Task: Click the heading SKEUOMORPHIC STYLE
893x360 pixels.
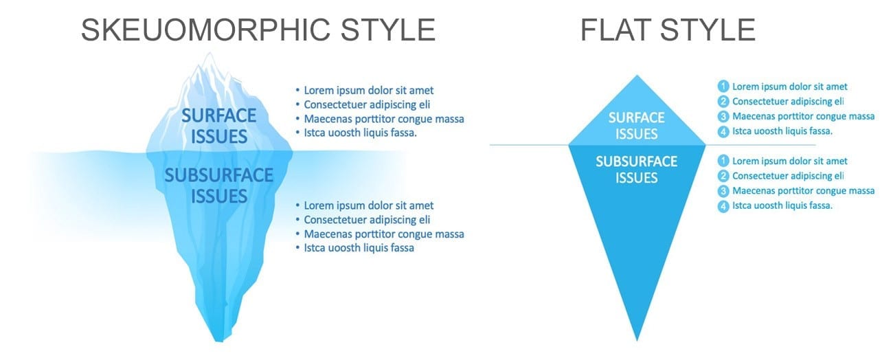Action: click(x=258, y=30)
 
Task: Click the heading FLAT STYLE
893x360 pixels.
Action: click(x=668, y=30)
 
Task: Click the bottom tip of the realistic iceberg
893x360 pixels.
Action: click(x=219, y=340)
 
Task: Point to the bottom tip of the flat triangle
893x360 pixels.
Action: click(x=637, y=341)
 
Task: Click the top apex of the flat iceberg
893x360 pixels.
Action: click(x=637, y=76)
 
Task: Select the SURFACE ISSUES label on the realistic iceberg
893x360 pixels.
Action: click(x=219, y=126)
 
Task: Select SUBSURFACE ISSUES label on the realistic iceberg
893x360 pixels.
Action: click(x=219, y=185)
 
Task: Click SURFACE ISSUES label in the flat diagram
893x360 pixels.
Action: click(x=636, y=126)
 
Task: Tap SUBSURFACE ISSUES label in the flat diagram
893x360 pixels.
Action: click(x=636, y=170)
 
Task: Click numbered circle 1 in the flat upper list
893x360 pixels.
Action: click(x=723, y=86)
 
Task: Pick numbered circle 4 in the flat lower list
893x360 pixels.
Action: click(x=723, y=206)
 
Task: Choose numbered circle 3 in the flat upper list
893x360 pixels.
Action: click(x=723, y=116)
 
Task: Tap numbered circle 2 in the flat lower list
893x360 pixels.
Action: click(x=723, y=176)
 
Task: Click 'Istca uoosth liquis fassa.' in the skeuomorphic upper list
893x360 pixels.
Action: click(x=361, y=133)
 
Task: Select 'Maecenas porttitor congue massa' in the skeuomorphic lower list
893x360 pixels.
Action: click(x=384, y=234)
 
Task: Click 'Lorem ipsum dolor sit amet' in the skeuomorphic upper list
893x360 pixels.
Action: click(x=369, y=91)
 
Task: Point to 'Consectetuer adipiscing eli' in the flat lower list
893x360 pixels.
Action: click(x=788, y=176)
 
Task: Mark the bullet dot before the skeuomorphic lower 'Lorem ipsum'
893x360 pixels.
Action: click(x=297, y=205)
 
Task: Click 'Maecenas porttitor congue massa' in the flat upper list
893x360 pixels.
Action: click(x=803, y=116)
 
